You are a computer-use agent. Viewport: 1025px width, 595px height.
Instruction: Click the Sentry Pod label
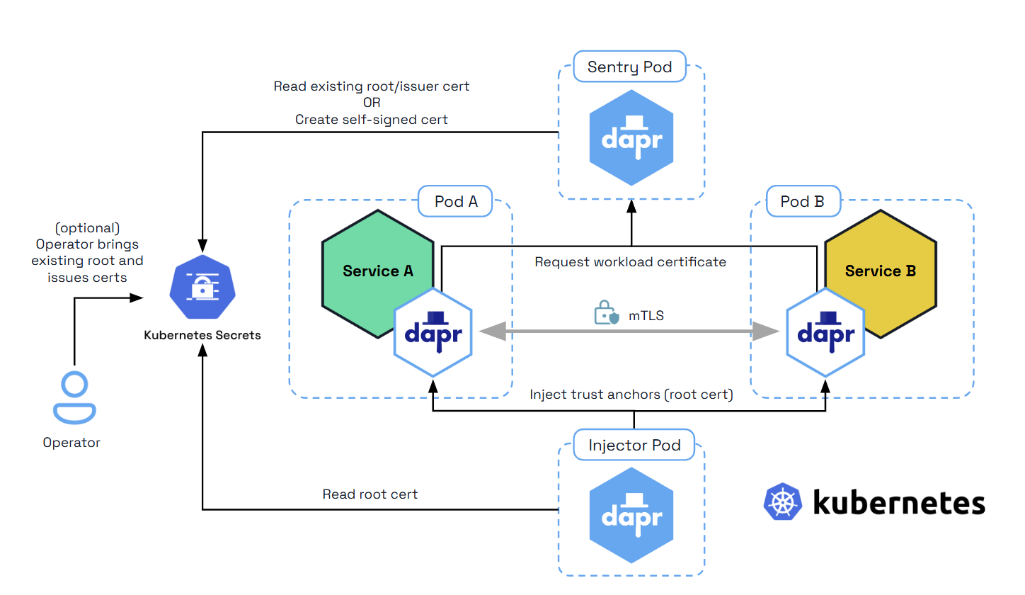tap(629, 68)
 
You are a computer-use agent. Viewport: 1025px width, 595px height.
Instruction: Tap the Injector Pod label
tap(634, 446)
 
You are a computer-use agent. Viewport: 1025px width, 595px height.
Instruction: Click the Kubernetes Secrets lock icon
tap(202, 286)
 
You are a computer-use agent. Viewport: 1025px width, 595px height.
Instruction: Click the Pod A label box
tap(456, 202)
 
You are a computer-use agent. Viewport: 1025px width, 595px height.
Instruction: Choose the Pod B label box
tap(802, 202)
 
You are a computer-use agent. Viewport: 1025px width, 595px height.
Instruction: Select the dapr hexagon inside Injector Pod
tap(631, 514)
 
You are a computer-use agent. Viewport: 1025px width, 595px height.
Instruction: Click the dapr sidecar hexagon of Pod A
tap(433, 331)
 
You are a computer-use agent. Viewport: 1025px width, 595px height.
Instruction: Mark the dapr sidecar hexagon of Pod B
tap(825, 331)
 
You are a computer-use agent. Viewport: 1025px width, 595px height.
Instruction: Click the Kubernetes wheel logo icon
tap(783, 502)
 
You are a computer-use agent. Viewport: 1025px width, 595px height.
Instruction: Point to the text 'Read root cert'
tap(370, 494)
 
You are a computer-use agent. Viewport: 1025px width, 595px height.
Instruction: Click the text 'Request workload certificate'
tap(630, 262)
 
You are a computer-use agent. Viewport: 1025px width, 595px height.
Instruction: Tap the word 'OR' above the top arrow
tap(372, 103)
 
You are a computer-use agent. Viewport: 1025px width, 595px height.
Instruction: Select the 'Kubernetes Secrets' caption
tap(202, 335)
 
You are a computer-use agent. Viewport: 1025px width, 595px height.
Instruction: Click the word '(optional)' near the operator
tap(87, 228)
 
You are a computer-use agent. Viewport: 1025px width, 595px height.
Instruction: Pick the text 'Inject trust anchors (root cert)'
tap(631, 395)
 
